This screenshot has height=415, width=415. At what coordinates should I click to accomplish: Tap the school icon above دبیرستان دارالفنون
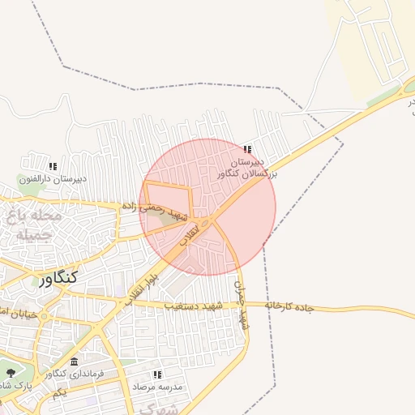tap(53, 166)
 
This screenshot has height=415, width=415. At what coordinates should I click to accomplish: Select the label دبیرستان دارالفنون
tap(55, 178)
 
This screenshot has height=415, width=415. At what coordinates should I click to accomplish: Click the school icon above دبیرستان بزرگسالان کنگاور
tap(247, 149)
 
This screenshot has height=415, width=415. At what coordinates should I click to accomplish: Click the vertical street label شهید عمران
tap(239, 306)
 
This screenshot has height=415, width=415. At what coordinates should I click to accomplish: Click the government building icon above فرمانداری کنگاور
tap(75, 361)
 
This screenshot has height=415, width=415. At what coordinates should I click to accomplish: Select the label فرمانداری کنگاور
tap(75, 374)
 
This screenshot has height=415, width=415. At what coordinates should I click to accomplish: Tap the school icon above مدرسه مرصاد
tap(157, 374)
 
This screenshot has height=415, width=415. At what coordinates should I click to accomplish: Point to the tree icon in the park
tap(10, 372)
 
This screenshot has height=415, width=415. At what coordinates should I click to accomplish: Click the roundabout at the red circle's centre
tap(207, 221)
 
